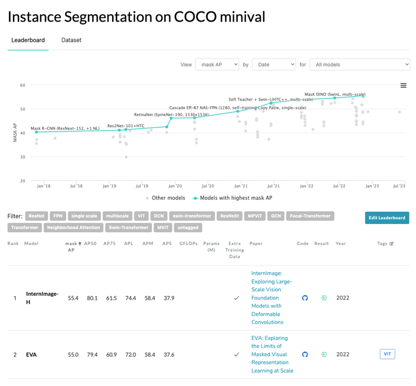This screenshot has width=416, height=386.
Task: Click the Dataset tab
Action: [x=71, y=40]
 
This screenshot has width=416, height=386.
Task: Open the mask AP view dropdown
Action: [x=217, y=65]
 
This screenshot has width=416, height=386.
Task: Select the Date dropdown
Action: [x=273, y=65]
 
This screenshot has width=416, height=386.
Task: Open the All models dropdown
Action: [x=359, y=65]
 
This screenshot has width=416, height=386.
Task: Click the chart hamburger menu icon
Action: [x=403, y=86]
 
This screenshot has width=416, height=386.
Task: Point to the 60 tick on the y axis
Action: [x=23, y=85]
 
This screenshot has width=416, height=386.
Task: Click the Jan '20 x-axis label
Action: [x=175, y=186]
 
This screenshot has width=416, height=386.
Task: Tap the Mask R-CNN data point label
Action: [x=65, y=128]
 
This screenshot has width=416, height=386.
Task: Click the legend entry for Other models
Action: [x=165, y=198]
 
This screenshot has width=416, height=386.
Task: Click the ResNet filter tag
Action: [x=36, y=216]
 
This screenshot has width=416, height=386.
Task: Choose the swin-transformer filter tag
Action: [x=191, y=216]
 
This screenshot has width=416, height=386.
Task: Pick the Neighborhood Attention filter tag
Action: [x=73, y=227]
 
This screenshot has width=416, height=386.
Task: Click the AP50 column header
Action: [x=92, y=243]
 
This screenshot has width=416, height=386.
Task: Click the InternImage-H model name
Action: [x=42, y=298]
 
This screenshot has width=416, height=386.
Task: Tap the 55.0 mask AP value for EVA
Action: [x=73, y=354]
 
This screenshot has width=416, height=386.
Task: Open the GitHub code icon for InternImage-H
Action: [x=304, y=298]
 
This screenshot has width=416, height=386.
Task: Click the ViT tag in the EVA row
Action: [x=387, y=354]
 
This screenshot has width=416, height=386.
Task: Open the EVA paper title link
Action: [x=272, y=354]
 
